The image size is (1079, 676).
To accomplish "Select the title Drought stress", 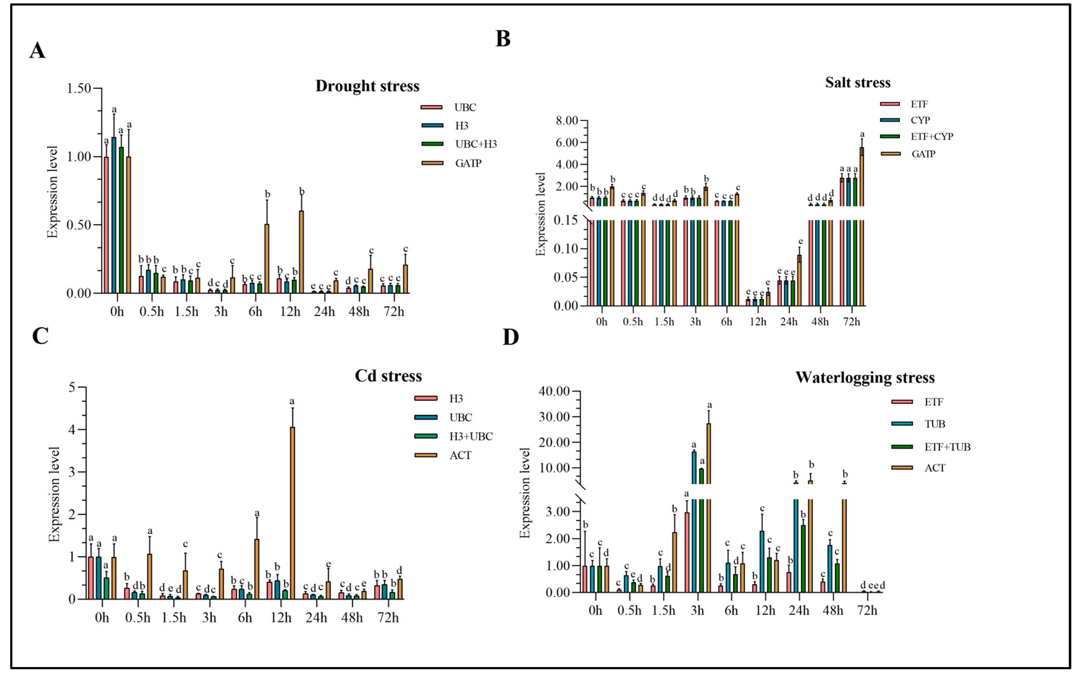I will coord(367,86).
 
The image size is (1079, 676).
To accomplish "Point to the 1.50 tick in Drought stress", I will coord(79,89).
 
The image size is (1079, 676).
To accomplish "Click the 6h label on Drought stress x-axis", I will coord(255,311).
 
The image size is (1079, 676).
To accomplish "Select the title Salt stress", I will coord(858,83).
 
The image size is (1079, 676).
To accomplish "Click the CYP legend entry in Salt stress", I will coord(920,120).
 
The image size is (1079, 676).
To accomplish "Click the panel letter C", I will coord(40,336).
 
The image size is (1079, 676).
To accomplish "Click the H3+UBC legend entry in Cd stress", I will coord(470,436).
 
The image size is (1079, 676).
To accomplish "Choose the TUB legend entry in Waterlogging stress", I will coord(934,424).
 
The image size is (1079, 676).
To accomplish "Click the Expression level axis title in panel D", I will coord(525,493).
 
